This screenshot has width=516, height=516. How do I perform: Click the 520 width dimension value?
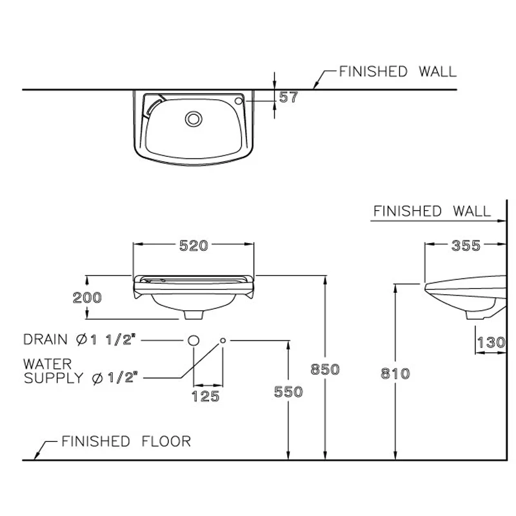coord(193,246)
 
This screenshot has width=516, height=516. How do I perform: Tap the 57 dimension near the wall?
coord(288,97)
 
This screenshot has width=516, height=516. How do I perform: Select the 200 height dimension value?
coord(87,297)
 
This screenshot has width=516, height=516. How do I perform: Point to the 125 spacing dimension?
coord(205,396)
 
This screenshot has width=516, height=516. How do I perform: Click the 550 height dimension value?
coord(288,392)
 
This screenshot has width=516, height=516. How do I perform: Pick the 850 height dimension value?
coord(325,369)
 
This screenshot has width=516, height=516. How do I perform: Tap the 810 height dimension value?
coord(395,373)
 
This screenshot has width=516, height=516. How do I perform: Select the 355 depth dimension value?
coord(466,246)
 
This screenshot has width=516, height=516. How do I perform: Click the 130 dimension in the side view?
coord(491,342)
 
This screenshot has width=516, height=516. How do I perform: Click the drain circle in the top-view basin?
coord(193,119)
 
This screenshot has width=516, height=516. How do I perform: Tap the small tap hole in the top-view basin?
coord(239,101)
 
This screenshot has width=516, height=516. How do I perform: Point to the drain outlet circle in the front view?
coord(193,341)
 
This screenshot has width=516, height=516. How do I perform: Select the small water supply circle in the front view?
coord(223,341)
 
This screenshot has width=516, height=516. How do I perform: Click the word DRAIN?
coord(45,340)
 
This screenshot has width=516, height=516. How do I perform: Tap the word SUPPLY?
coord(54,378)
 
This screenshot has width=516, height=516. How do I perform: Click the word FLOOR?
coord(166,441)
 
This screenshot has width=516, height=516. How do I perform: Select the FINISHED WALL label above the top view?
coord(398,72)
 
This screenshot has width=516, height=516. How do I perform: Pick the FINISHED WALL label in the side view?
coord(432,211)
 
